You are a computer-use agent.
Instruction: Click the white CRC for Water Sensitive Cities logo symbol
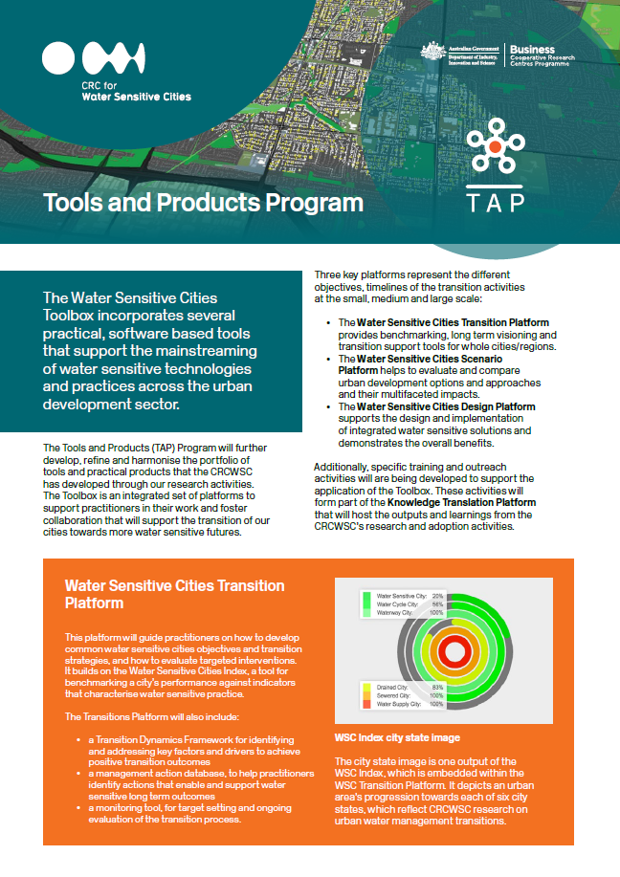pyautogui.click(x=94, y=59)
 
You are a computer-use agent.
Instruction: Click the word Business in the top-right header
pyautogui.click(x=532, y=49)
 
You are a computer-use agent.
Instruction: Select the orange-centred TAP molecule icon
pyautogui.click(x=494, y=146)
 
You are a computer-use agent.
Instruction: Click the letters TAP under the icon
pyautogui.click(x=494, y=204)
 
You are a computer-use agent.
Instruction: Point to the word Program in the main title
pyautogui.click(x=315, y=203)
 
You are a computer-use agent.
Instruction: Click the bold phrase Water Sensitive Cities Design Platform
pyautogui.click(x=445, y=406)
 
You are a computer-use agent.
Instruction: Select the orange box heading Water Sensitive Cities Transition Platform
pyautogui.click(x=174, y=594)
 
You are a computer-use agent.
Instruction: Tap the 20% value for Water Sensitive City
pyautogui.click(x=436, y=596)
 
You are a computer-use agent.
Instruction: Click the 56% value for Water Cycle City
pyautogui.click(x=436, y=604)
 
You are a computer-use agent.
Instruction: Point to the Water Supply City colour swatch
pyautogui.click(x=365, y=704)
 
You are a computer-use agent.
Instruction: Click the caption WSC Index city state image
pyautogui.click(x=396, y=737)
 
